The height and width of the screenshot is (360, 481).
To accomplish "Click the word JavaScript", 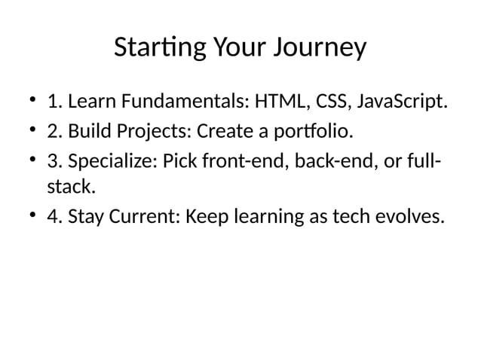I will point(403,102).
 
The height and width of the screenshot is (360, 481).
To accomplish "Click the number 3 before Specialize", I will point(53,163).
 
